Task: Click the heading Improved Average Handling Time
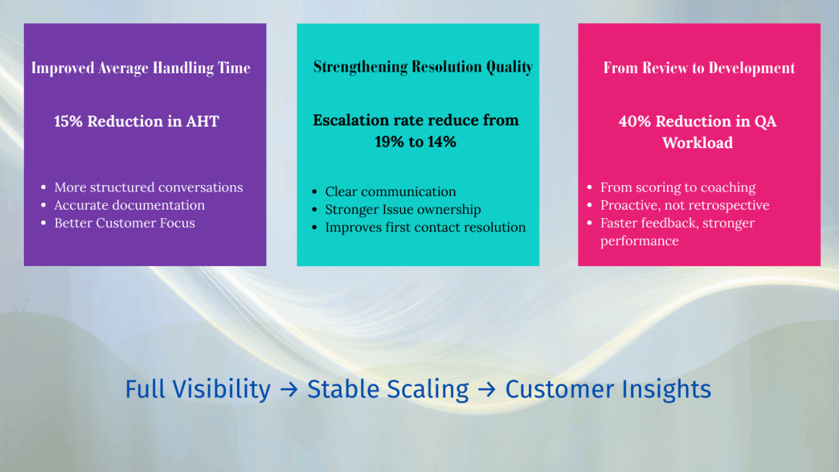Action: click(141, 68)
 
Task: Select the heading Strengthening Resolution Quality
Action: click(423, 67)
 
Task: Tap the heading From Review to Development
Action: click(699, 68)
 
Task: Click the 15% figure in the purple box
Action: click(69, 121)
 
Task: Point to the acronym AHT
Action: click(202, 121)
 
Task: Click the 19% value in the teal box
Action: click(390, 142)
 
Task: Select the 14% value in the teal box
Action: click(441, 142)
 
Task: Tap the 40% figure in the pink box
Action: click(634, 121)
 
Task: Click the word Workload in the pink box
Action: click(697, 143)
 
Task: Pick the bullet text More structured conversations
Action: click(148, 187)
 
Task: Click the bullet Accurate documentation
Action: click(129, 205)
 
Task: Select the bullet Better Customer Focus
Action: click(124, 223)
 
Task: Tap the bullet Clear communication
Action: click(390, 192)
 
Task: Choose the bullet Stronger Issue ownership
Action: click(403, 210)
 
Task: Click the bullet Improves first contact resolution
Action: click(425, 228)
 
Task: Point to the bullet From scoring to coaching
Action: click(678, 187)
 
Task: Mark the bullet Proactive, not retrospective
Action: click(684, 205)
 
